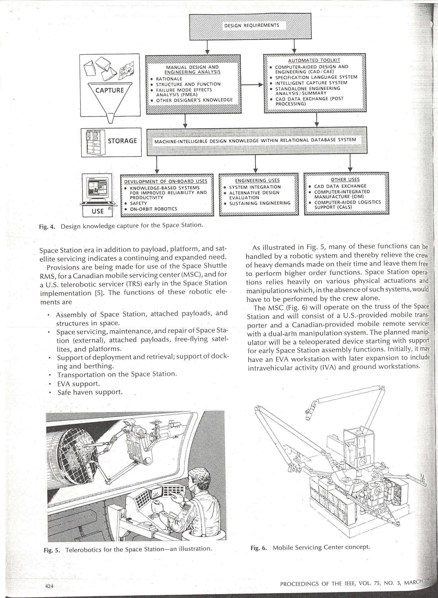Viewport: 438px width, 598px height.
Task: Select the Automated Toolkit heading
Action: pyautogui.click(x=314, y=60)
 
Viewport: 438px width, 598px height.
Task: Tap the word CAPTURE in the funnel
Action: pyautogui.click(x=110, y=90)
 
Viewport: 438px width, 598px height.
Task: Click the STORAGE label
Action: pyautogui.click(x=123, y=141)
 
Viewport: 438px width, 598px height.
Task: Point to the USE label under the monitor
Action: pyautogui.click(x=97, y=211)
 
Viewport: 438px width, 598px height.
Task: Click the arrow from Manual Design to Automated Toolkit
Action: pyautogui.click(x=252, y=84)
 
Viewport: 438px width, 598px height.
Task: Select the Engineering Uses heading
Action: pyautogui.click(x=257, y=181)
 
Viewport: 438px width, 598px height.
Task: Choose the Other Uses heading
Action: pyautogui.click(x=345, y=180)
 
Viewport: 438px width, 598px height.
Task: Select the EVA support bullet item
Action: pyautogui.click(x=78, y=384)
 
